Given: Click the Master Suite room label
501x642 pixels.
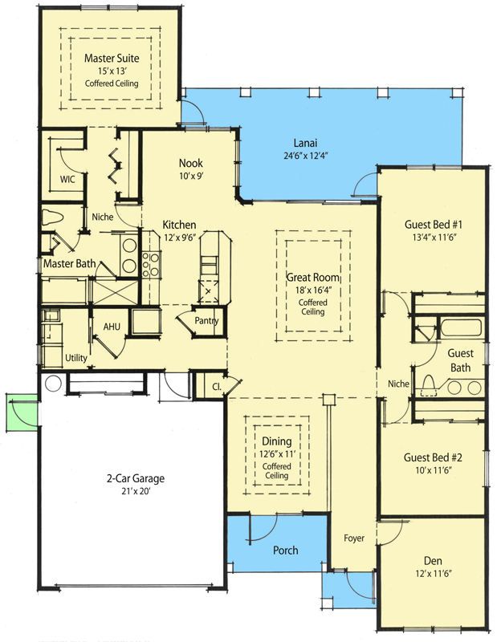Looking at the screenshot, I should pos(112,58).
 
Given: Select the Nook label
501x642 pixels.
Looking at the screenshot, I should pos(191,163).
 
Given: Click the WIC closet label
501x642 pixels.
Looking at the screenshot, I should pos(67,179).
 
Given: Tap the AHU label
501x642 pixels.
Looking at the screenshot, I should pos(111,327).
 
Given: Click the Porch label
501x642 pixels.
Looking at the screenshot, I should pos(285,550).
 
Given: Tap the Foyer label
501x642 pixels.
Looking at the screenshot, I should pos(354,537).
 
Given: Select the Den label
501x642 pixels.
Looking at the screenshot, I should pos(434,561).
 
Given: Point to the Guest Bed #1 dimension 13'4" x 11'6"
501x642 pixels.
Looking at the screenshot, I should pos(434,238).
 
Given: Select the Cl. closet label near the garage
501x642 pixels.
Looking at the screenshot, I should pos(218,386).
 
